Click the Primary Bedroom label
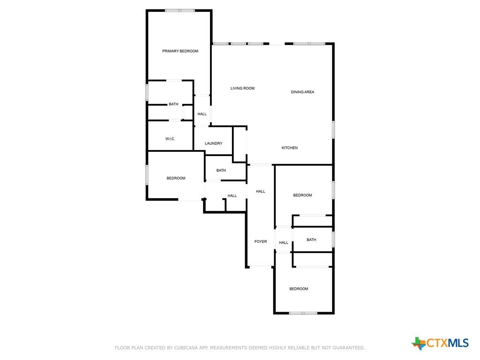[180, 51]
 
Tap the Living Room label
[242, 88]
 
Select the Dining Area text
[302, 92]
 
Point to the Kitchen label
[290, 148]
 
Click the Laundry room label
[214, 143]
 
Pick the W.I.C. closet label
[170, 139]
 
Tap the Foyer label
[261, 241]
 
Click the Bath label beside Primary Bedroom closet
[173, 104]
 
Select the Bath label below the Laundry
[221, 170]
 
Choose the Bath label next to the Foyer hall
[311, 240]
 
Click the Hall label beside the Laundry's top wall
[202, 114]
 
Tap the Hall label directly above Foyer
[261, 191]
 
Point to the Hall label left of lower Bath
[284, 242]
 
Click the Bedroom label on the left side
[176, 178]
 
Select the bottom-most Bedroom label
[299, 289]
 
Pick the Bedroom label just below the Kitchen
[302, 195]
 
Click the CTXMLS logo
[440, 343]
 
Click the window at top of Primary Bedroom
[180, 11]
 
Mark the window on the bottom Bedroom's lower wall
[303, 313]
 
